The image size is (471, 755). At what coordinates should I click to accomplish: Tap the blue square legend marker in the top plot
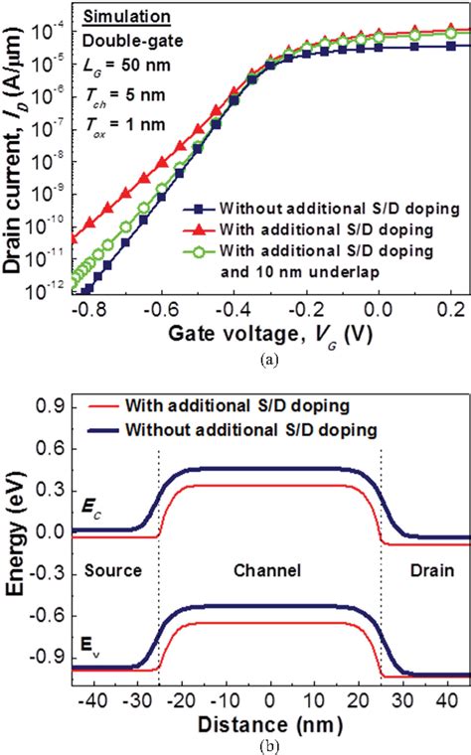(x=198, y=211)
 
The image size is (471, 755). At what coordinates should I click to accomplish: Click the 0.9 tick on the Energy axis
(x=68, y=407)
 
